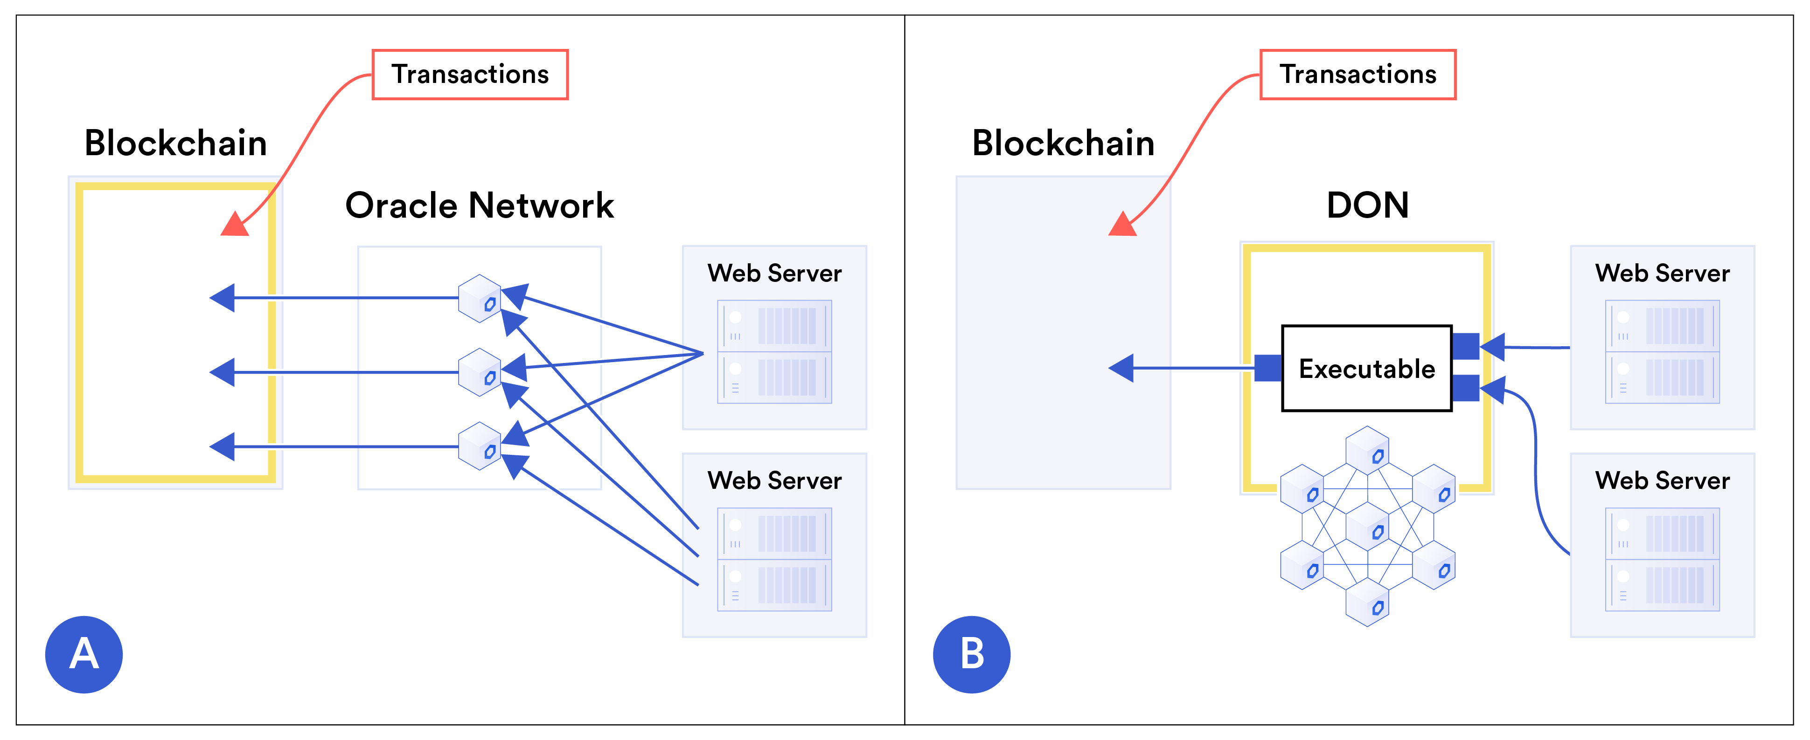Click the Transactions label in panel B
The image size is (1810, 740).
[1357, 75]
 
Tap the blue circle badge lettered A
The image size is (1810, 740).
[84, 654]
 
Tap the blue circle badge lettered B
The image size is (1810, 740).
[972, 654]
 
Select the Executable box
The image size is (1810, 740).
[1367, 368]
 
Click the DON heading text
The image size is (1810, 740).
[1367, 205]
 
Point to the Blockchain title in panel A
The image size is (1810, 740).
[176, 143]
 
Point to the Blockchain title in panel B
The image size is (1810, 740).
[1063, 143]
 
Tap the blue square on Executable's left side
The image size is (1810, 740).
[1267, 368]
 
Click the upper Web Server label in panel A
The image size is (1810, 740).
[774, 273]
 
